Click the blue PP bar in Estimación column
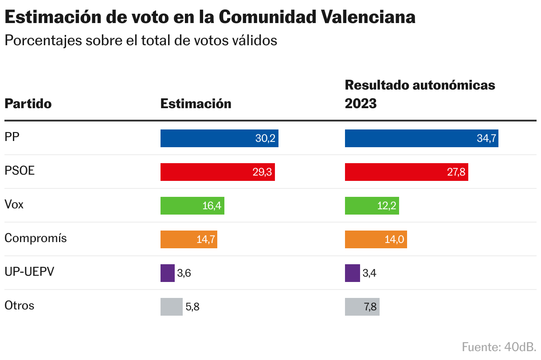(x=219, y=138)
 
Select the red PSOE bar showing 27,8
(x=406, y=172)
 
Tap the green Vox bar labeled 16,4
(x=192, y=206)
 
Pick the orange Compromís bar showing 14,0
(x=376, y=239)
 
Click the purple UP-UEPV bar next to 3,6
(x=167, y=273)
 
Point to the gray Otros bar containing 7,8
(x=362, y=307)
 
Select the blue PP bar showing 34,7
(x=421, y=138)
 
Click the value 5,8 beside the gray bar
(x=192, y=307)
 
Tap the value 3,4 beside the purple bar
(x=369, y=273)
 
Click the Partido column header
(x=28, y=104)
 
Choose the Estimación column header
(x=196, y=104)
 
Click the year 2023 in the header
(x=361, y=104)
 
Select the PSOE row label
(x=20, y=171)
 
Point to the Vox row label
(x=14, y=204)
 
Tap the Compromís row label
(x=35, y=238)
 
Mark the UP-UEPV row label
(x=29, y=272)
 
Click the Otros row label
(x=19, y=305)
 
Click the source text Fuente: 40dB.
(x=499, y=347)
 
